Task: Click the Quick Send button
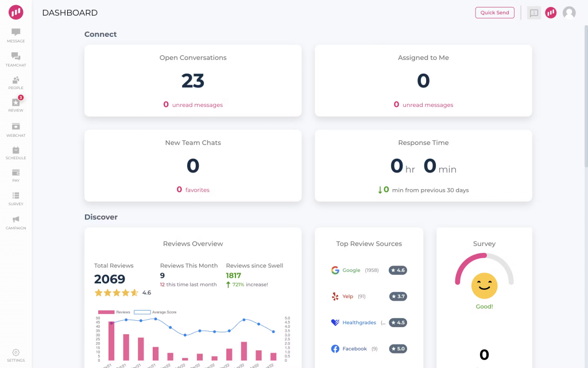pyautogui.click(x=494, y=13)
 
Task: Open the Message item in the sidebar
pyautogui.click(x=16, y=35)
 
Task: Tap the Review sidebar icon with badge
pyautogui.click(x=16, y=103)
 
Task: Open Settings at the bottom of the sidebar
pyautogui.click(x=16, y=355)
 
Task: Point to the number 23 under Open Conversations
pyautogui.click(x=193, y=81)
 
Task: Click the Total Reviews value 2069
pyautogui.click(x=110, y=279)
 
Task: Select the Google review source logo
pyautogui.click(x=335, y=270)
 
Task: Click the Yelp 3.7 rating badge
pyautogui.click(x=397, y=297)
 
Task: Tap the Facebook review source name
pyautogui.click(x=354, y=349)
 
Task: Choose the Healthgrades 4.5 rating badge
pyautogui.click(x=397, y=323)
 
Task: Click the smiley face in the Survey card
pyautogui.click(x=484, y=285)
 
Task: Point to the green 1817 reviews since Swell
pyautogui.click(x=234, y=275)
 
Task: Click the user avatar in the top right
pyautogui.click(x=569, y=13)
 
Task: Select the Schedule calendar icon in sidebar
pyautogui.click(x=16, y=150)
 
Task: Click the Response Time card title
pyautogui.click(x=423, y=143)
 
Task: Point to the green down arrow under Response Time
pyautogui.click(x=380, y=190)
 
